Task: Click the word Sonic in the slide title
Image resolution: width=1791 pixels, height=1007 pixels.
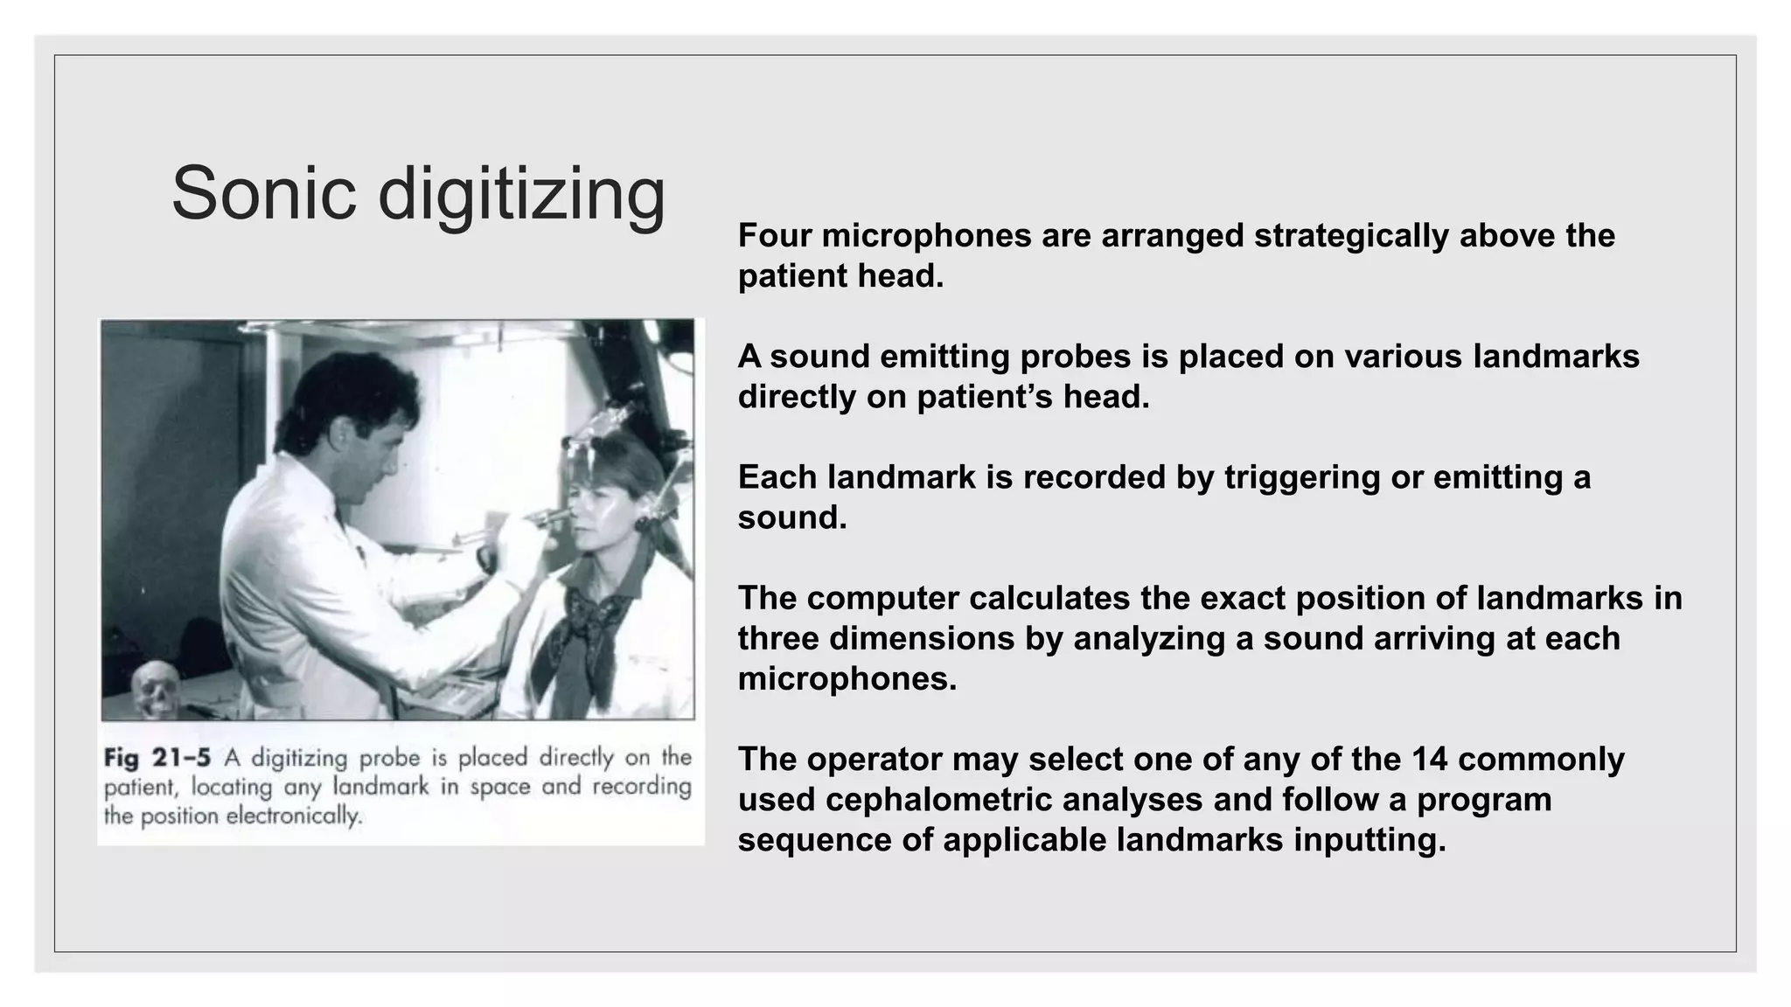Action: click(x=263, y=193)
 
